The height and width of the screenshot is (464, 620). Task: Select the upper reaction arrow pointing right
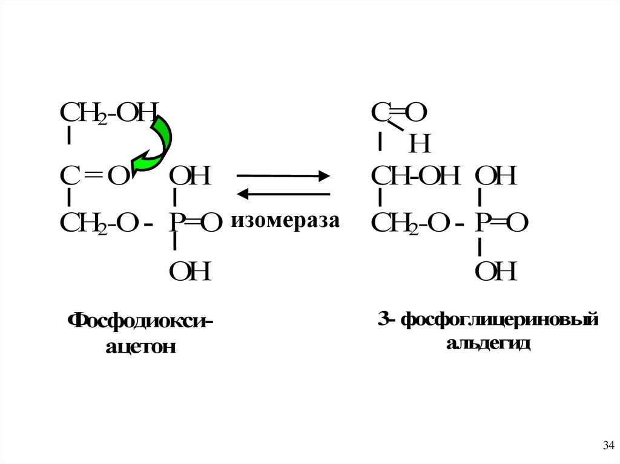[283, 176]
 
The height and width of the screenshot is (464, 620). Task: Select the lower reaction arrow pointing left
[283, 194]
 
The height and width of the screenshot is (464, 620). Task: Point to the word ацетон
[140, 347]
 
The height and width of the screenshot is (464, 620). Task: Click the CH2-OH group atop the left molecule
[109, 113]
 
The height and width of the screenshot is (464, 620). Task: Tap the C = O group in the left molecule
[94, 177]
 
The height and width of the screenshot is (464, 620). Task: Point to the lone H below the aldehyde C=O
[420, 144]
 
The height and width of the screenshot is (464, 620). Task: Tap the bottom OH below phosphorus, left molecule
[190, 272]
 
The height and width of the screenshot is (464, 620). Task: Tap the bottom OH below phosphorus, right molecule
[495, 272]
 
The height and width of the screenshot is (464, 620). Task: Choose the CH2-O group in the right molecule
[411, 223]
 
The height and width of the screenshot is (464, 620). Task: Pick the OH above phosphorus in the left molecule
[190, 177]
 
